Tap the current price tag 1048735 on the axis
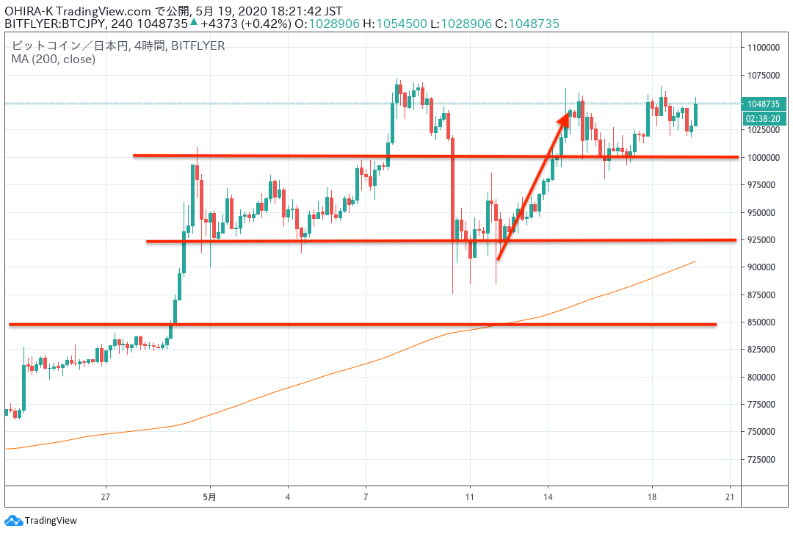(761, 104)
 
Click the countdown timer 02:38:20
(761, 118)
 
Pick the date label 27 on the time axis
(106, 496)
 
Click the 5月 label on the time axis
(210, 496)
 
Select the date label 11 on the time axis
(470, 496)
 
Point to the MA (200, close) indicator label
(53, 59)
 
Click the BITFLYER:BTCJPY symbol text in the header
(55, 24)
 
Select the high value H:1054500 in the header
(397, 24)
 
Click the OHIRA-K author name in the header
(28, 9)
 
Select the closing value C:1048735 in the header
(527, 24)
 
